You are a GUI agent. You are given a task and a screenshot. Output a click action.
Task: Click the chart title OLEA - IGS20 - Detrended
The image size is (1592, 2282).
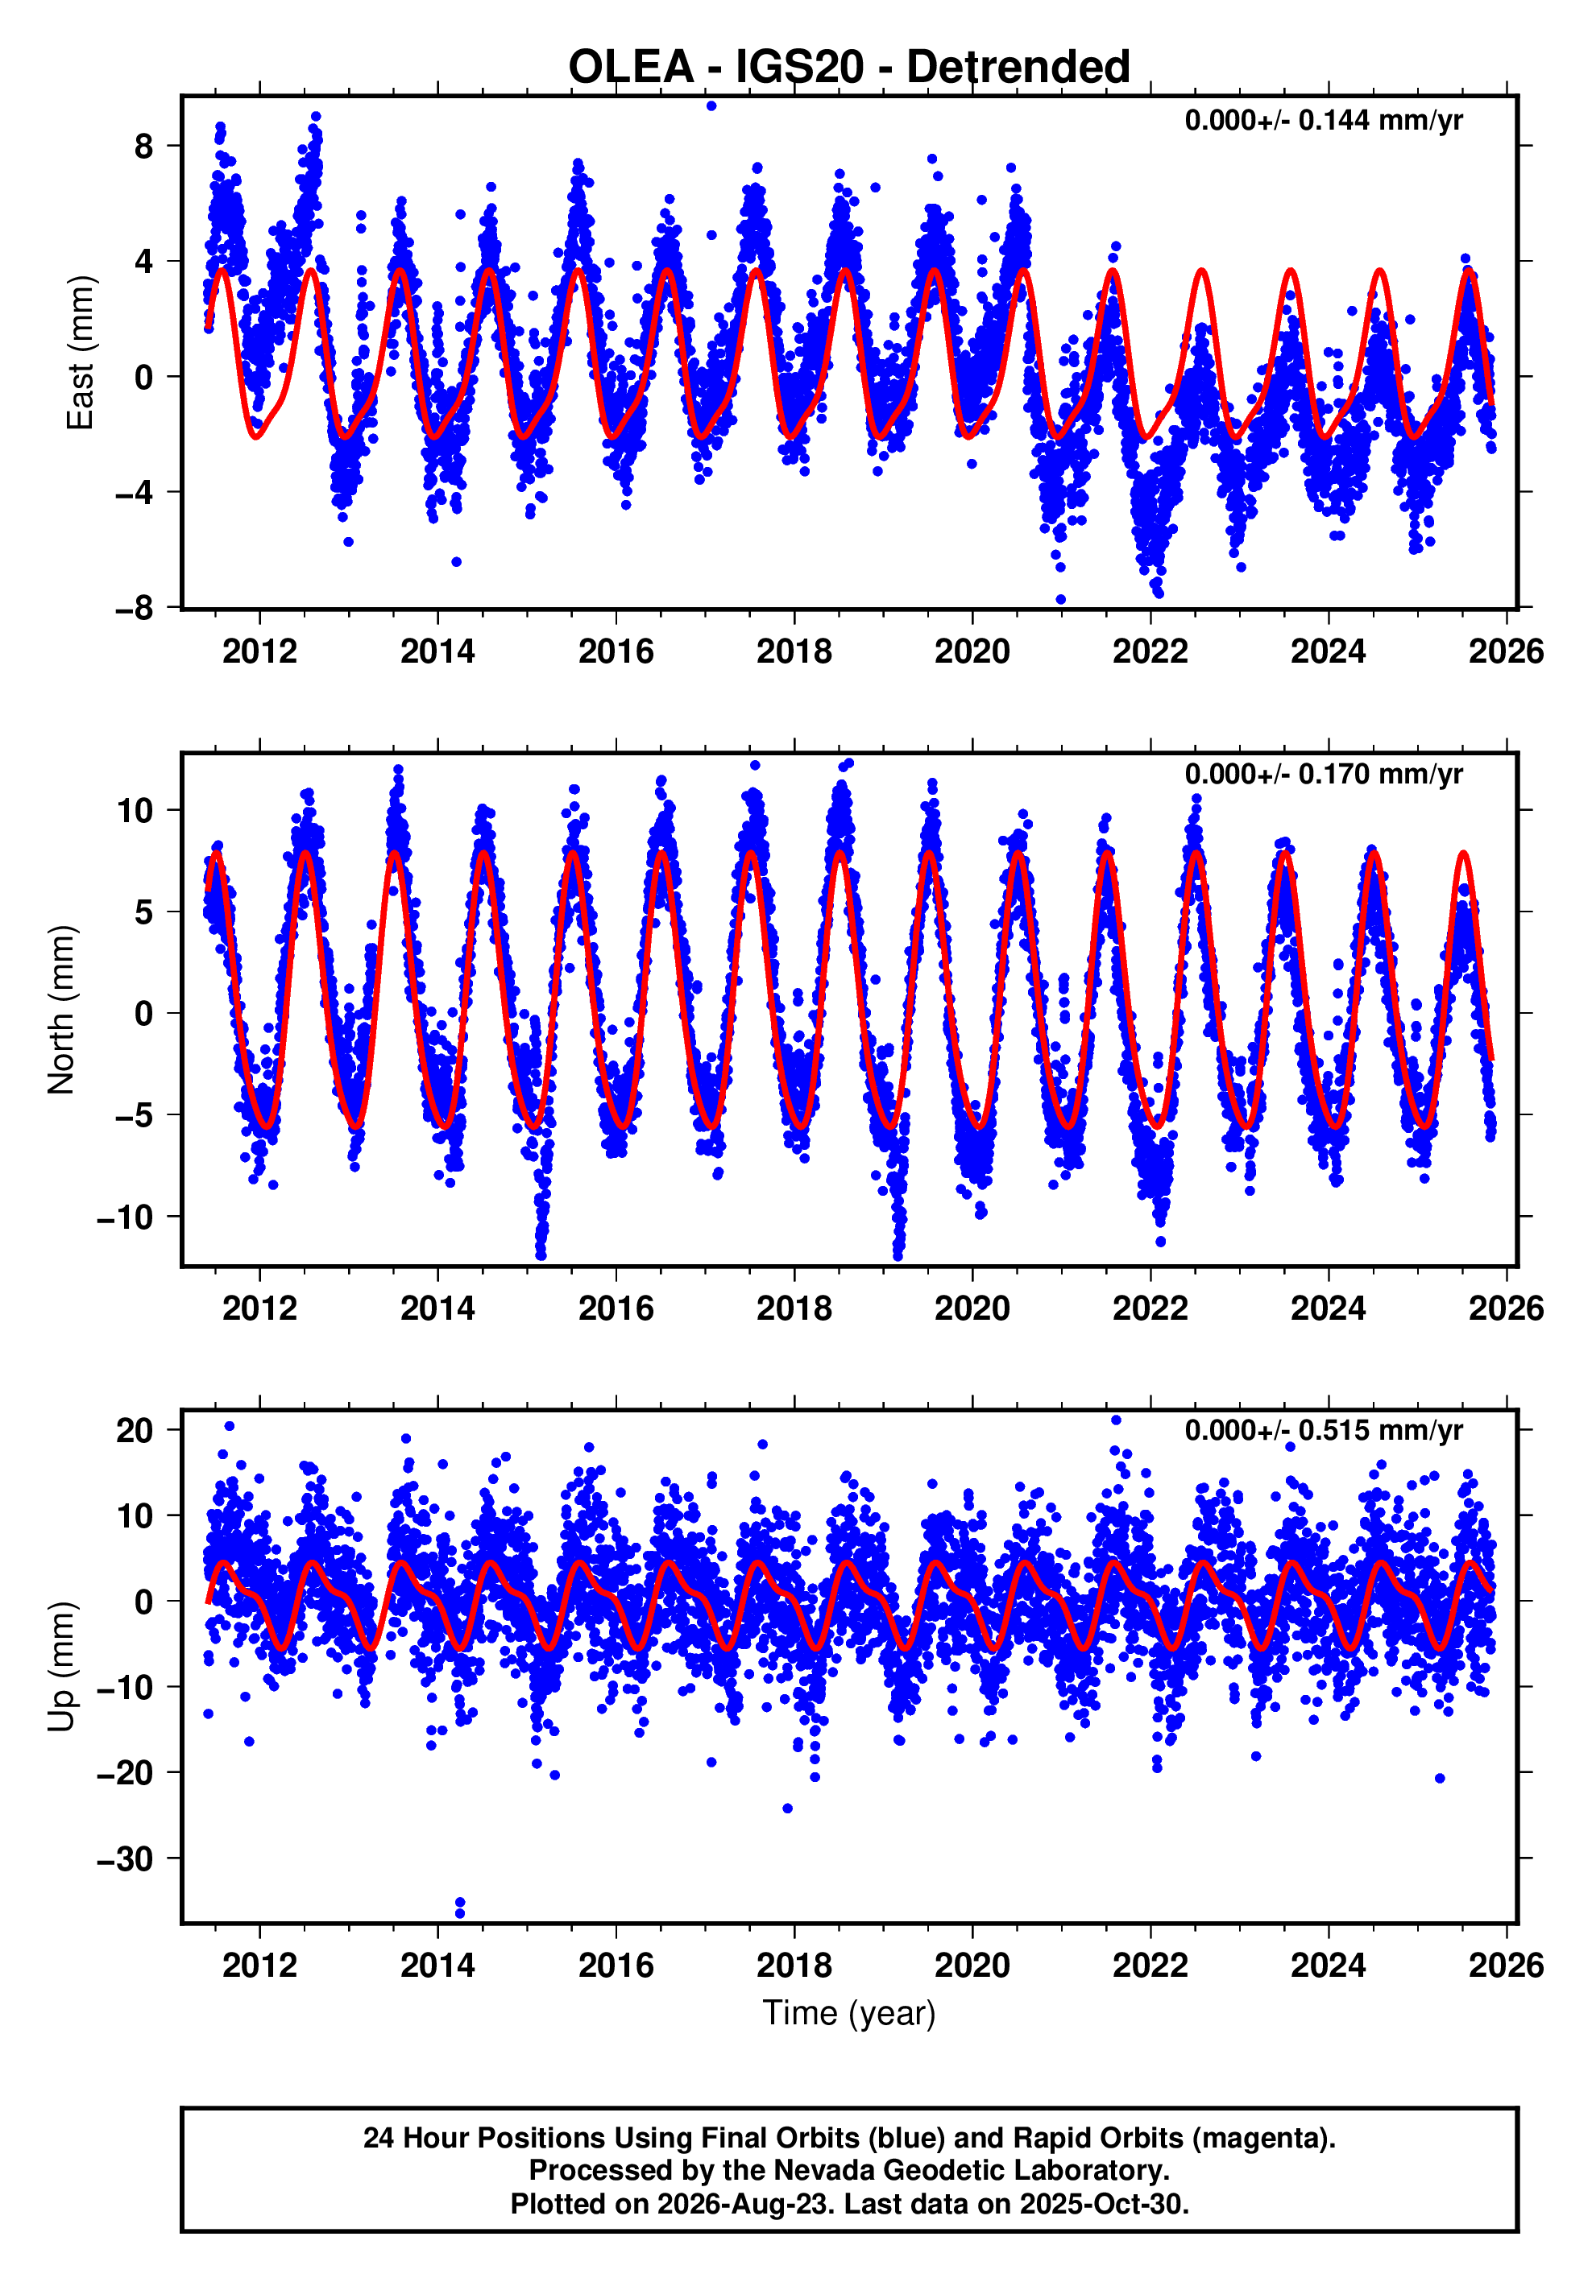coord(849,68)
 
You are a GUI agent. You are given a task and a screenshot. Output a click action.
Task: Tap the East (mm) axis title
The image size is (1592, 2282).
coord(80,353)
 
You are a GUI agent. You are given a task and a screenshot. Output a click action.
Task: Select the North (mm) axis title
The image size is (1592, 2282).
coord(62,1010)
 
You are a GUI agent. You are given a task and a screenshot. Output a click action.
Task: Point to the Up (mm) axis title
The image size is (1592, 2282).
coord(62,1667)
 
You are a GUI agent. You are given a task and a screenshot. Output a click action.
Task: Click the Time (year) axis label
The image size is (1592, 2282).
coord(849,2012)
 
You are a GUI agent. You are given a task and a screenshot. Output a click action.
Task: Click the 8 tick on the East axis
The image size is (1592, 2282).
coord(144,146)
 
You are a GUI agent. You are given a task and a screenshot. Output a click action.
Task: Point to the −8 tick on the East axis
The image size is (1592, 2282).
coord(135,607)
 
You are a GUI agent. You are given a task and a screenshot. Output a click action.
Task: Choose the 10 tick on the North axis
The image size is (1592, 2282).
coord(135,810)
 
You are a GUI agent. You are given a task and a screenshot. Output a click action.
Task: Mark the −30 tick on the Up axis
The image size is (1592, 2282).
coord(126,1858)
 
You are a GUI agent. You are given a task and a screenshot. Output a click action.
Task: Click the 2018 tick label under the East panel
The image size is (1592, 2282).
coord(794,651)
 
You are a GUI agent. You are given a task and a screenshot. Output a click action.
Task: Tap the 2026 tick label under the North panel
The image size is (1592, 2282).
coord(1507,1308)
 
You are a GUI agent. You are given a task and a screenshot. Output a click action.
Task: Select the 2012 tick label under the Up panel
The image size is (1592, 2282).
coord(259,1965)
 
